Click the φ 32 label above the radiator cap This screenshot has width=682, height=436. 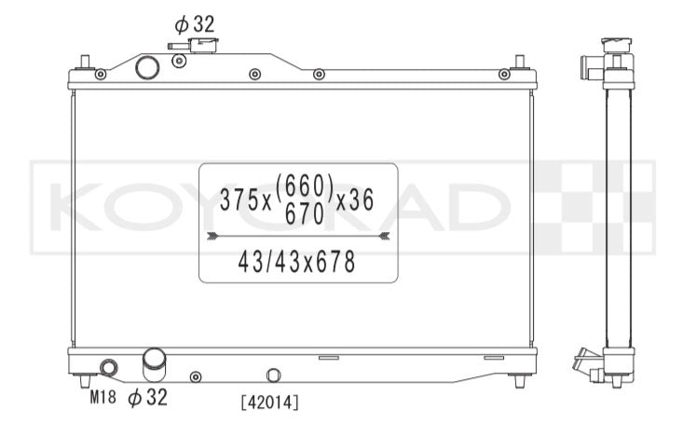195,24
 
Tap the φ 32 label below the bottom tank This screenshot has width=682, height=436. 147,397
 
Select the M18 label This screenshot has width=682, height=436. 103,396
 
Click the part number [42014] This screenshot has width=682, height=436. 269,402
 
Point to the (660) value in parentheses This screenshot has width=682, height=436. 305,185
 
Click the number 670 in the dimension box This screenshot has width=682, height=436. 305,213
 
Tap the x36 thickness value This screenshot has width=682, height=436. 354,199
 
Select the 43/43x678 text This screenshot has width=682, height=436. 296,262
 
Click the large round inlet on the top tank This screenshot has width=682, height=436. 147,67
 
